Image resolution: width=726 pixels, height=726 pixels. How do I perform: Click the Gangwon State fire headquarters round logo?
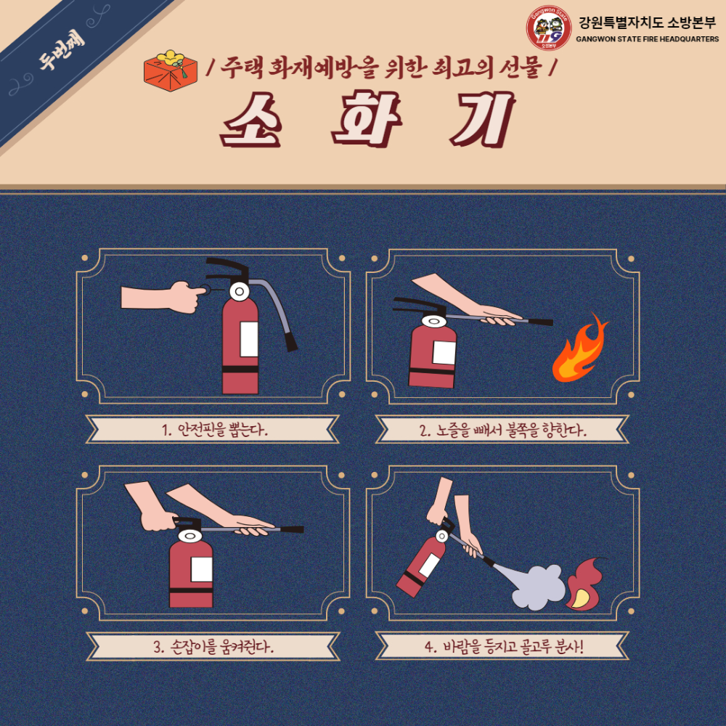coord(549,28)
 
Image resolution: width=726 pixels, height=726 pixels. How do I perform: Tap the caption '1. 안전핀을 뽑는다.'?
coord(213,429)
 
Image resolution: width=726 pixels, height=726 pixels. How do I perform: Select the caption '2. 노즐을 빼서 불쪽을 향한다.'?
coord(502,430)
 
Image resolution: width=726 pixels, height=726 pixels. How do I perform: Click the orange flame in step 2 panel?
coord(579,351)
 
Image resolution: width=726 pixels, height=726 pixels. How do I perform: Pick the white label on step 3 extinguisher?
coord(201,569)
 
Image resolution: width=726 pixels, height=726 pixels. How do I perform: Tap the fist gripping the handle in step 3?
coord(157,521)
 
